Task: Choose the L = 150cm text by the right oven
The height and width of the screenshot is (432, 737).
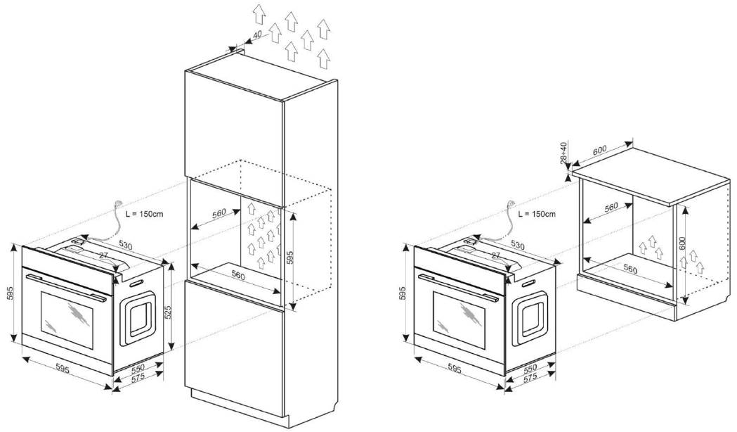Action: pyautogui.click(x=537, y=213)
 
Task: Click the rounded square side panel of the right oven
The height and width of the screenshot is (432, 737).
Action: pyautogui.click(x=533, y=318)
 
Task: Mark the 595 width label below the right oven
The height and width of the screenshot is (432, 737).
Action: pyautogui.click(x=455, y=369)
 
